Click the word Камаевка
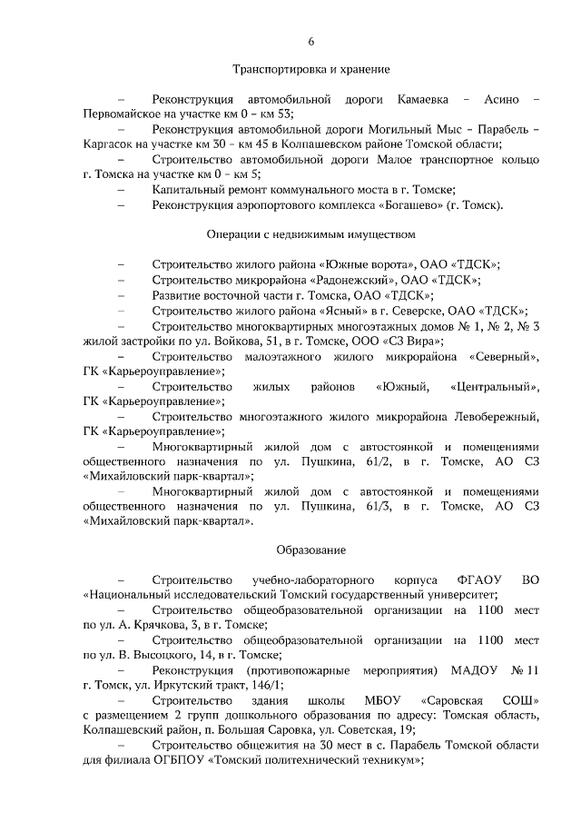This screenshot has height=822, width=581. tap(425, 97)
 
